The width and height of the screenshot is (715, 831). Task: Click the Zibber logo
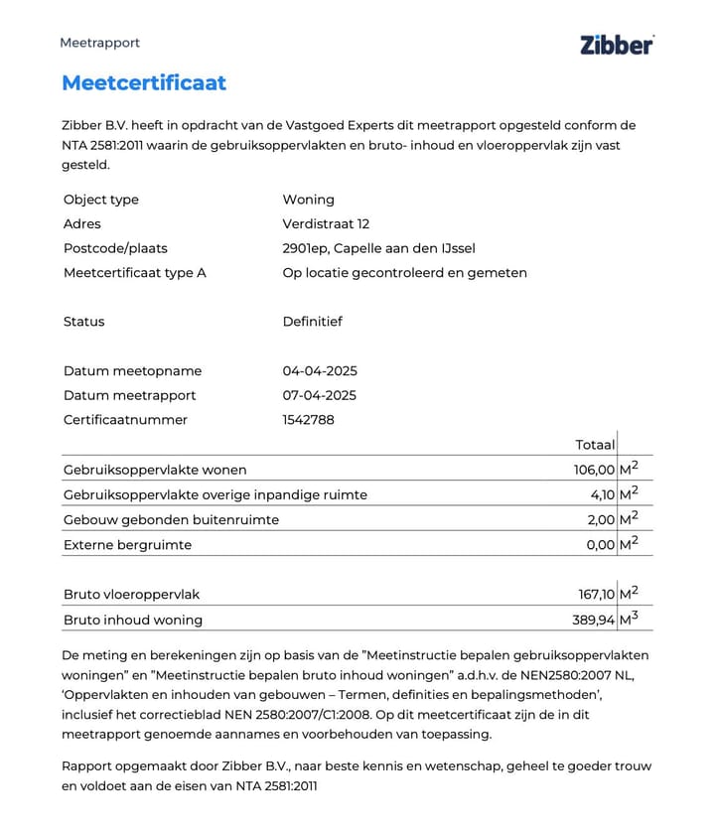(616, 44)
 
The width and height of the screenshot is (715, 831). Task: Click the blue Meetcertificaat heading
(144, 82)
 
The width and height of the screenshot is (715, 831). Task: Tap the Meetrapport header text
(99, 43)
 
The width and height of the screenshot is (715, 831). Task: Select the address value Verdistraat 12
(326, 224)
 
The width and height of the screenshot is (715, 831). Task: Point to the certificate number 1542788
(308, 420)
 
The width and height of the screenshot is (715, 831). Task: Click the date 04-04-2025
(320, 371)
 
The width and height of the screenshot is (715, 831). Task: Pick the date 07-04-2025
(320, 395)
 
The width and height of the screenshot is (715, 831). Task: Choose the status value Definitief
(312, 322)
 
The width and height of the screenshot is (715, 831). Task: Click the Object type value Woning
(308, 200)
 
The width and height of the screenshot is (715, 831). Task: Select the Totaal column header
(595, 445)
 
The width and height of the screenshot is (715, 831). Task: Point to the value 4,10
(602, 494)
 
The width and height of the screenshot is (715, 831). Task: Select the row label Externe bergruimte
(127, 545)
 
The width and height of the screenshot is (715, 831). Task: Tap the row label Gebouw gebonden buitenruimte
(171, 519)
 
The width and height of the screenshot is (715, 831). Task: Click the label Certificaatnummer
(125, 420)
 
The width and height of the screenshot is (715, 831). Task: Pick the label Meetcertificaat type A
(135, 273)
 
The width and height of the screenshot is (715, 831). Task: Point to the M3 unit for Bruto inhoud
(629, 619)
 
